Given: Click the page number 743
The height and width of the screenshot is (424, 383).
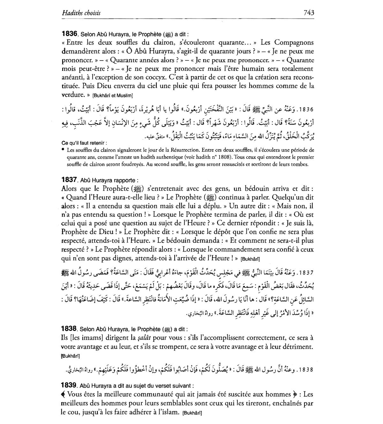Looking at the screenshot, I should pyautogui.click(x=309, y=13).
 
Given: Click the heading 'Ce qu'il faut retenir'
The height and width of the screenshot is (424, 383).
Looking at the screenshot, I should pyautogui.click(x=84, y=143).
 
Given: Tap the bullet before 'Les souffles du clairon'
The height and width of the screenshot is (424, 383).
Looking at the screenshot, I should pyautogui.click(x=63, y=149).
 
